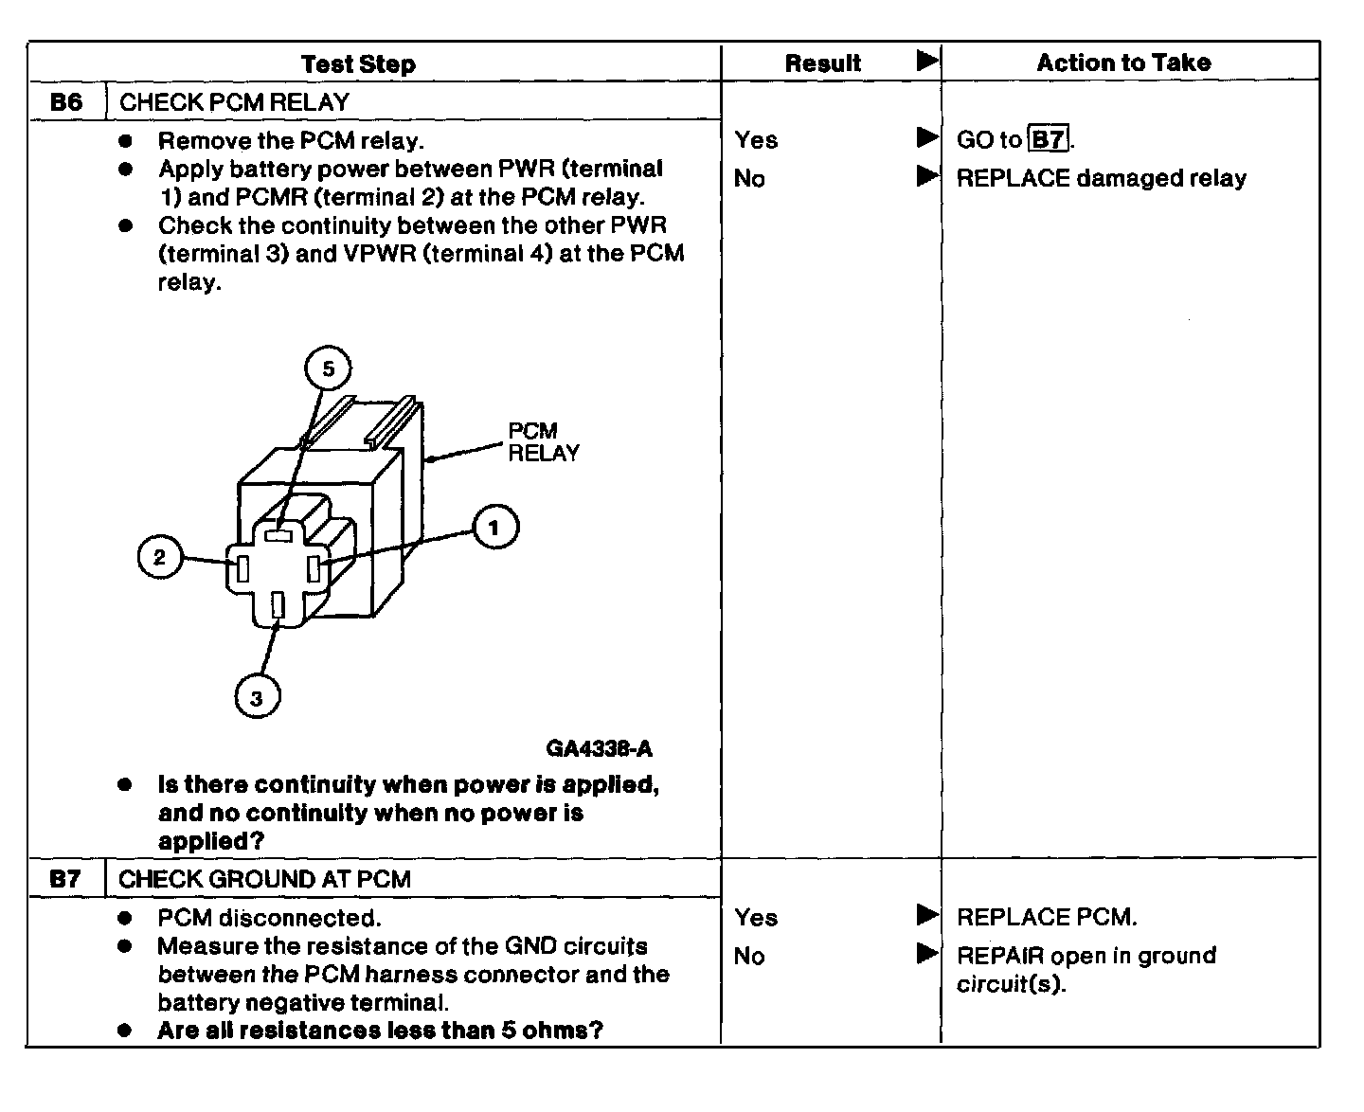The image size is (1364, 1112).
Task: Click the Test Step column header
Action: (x=358, y=64)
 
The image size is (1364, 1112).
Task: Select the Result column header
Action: (x=822, y=63)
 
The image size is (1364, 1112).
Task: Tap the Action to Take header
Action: (x=1123, y=63)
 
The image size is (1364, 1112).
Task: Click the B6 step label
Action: (x=66, y=102)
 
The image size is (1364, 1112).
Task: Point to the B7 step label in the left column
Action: (x=65, y=879)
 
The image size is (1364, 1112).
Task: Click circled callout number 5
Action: (x=328, y=368)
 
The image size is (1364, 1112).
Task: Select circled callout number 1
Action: (x=494, y=528)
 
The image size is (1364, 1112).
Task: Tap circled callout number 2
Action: (x=159, y=556)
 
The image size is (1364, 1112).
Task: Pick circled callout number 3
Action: (x=257, y=699)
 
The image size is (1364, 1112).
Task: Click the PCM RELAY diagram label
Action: (x=543, y=442)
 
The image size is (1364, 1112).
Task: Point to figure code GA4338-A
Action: (x=599, y=748)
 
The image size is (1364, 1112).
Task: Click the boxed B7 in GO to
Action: (x=1048, y=140)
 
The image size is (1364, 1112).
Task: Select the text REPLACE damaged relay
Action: (x=1101, y=179)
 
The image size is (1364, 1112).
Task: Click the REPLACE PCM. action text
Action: (x=1047, y=917)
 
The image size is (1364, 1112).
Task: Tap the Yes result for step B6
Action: (x=756, y=140)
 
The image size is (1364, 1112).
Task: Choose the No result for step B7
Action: (x=749, y=956)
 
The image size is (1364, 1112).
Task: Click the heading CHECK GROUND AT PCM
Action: (x=264, y=879)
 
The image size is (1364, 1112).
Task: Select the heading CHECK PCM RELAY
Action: (x=234, y=102)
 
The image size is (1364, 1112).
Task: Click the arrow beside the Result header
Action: (x=926, y=62)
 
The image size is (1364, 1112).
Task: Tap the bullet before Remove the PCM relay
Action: (x=125, y=140)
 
